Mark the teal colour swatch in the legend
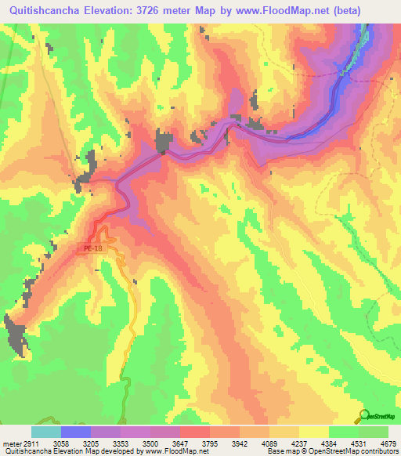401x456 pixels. click(x=46, y=432)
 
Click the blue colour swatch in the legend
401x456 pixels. click(x=76, y=432)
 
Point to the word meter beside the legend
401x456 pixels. click(x=12, y=443)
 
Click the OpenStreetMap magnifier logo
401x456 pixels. click(x=363, y=415)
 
